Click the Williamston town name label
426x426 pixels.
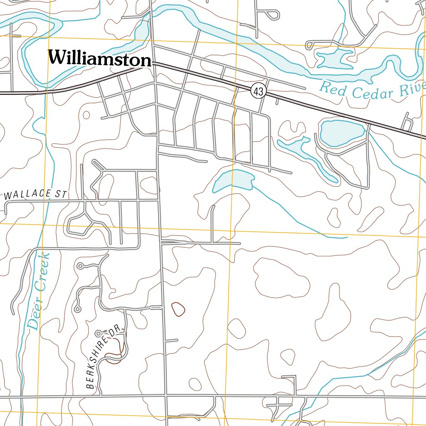(x=99, y=58)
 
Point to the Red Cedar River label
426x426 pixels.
(x=372, y=91)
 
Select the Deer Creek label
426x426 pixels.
(x=40, y=291)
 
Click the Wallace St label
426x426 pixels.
(x=36, y=194)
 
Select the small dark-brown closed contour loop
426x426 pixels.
(x=178, y=309)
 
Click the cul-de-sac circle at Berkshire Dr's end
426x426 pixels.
(x=98, y=333)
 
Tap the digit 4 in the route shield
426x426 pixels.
(x=256, y=92)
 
